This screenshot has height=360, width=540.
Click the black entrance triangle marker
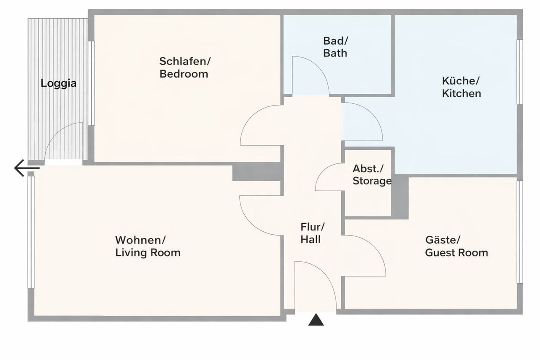(316, 320)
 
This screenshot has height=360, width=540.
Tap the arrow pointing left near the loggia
(27, 168)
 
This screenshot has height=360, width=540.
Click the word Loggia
(59, 84)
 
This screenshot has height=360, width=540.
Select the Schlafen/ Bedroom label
(185, 68)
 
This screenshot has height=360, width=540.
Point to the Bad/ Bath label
(335, 47)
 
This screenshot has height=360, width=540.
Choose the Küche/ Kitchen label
(462, 87)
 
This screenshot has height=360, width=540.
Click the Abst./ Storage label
(372, 175)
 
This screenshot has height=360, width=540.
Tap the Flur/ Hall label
(313, 233)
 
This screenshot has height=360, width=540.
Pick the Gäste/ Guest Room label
(456, 246)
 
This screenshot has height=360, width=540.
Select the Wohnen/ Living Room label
(148, 246)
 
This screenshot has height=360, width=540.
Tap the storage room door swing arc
(321, 172)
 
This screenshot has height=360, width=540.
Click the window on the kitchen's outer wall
(520, 72)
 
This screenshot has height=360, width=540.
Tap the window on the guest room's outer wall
(520, 232)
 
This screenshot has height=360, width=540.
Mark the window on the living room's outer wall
(31, 232)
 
